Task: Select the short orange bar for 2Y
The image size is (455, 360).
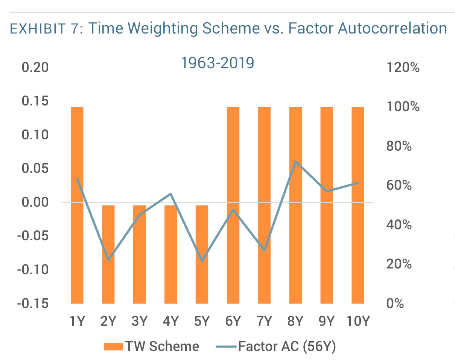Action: [x=108, y=254]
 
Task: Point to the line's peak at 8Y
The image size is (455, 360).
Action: [x=295, y=162]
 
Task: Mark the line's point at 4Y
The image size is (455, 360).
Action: [x=170, y=194]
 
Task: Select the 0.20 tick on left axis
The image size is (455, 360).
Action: [x=35, y=68]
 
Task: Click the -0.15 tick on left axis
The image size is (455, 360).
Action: [x=33, y=304]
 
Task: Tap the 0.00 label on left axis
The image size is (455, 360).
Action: [x=35, y=203]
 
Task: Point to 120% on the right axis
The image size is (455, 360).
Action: [x=403, y=68]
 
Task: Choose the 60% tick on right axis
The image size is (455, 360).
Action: [x=399, y=186]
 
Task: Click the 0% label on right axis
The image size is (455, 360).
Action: [x=395, y=304]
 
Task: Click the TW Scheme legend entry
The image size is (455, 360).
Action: [x=151, y=346]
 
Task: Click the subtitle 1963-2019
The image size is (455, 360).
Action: [x=218, y=63]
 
